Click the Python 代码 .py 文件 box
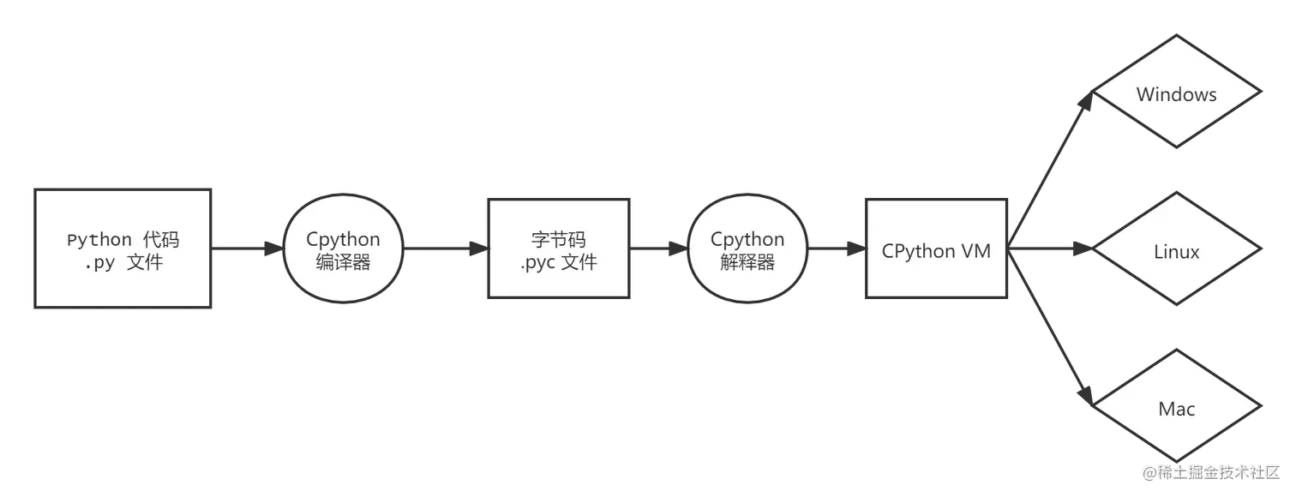(x=123, y=248)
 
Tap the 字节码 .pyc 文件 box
(x=558, y=249)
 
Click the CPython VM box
(x=936, y=250)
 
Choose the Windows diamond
(x=1176, y=94)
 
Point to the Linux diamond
(x=1176, y=252)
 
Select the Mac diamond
(x=1176, y=409)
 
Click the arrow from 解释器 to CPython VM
(x=836, y=250)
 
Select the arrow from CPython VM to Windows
(x=1053, y=154)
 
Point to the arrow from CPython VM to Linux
(x=1053, y=250)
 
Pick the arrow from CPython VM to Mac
(x=1053, y=343)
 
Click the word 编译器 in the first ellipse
(x=343, y=263)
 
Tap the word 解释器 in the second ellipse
(x=747, y=263)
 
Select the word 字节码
(x=558, y=239)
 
